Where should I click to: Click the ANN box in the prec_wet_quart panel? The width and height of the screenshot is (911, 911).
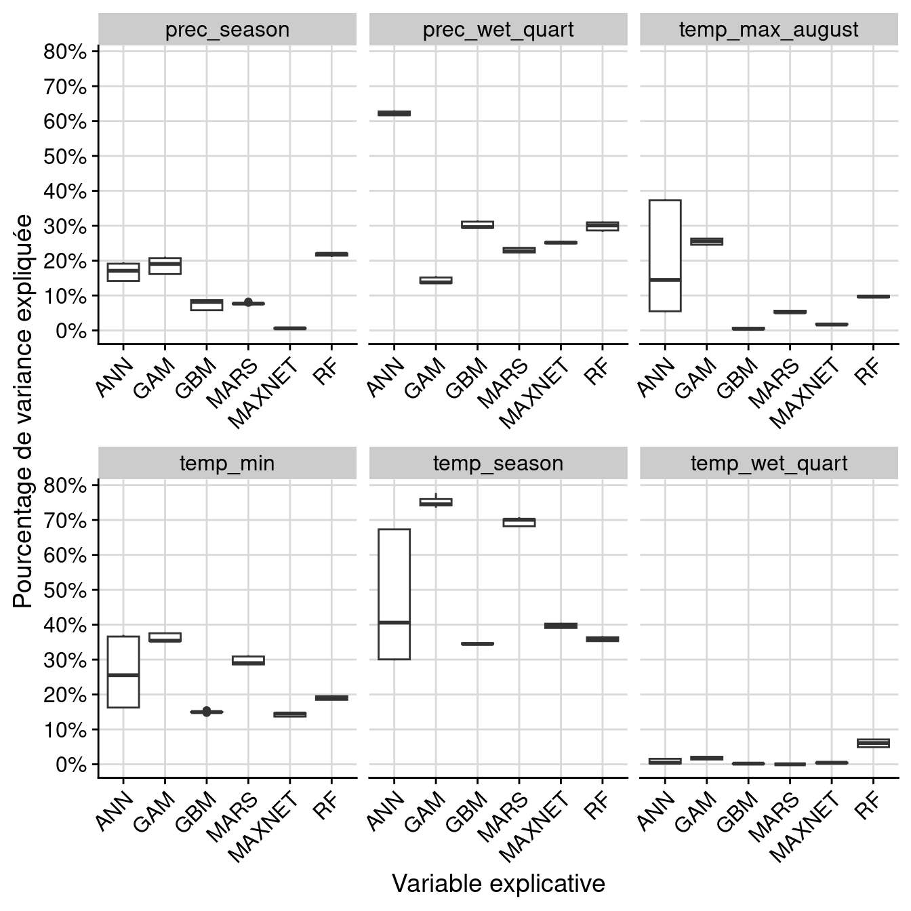394,113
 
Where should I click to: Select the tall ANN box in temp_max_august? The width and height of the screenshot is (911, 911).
665,256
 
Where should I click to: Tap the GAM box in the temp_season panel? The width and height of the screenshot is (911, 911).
436,502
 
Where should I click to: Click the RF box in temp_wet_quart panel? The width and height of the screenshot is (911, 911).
873,743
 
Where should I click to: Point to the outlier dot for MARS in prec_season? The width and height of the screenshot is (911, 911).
248,302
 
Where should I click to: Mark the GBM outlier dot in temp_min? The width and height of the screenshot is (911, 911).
207,711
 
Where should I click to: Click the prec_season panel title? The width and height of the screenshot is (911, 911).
227,30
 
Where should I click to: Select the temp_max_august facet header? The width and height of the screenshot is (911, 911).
769,30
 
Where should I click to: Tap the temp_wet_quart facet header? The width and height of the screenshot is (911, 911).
769,464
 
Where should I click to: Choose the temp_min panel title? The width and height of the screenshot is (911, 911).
227,464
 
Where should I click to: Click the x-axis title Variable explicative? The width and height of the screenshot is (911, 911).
498,883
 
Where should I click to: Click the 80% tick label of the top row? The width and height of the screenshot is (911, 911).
65,52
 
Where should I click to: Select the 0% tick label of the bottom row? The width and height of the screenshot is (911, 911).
70,765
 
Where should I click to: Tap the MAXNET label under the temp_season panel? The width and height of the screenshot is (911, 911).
535,828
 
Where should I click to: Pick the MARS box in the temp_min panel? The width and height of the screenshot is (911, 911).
248,660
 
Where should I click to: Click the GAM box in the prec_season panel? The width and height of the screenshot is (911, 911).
165,266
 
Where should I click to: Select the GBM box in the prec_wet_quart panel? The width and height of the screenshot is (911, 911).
477,224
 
